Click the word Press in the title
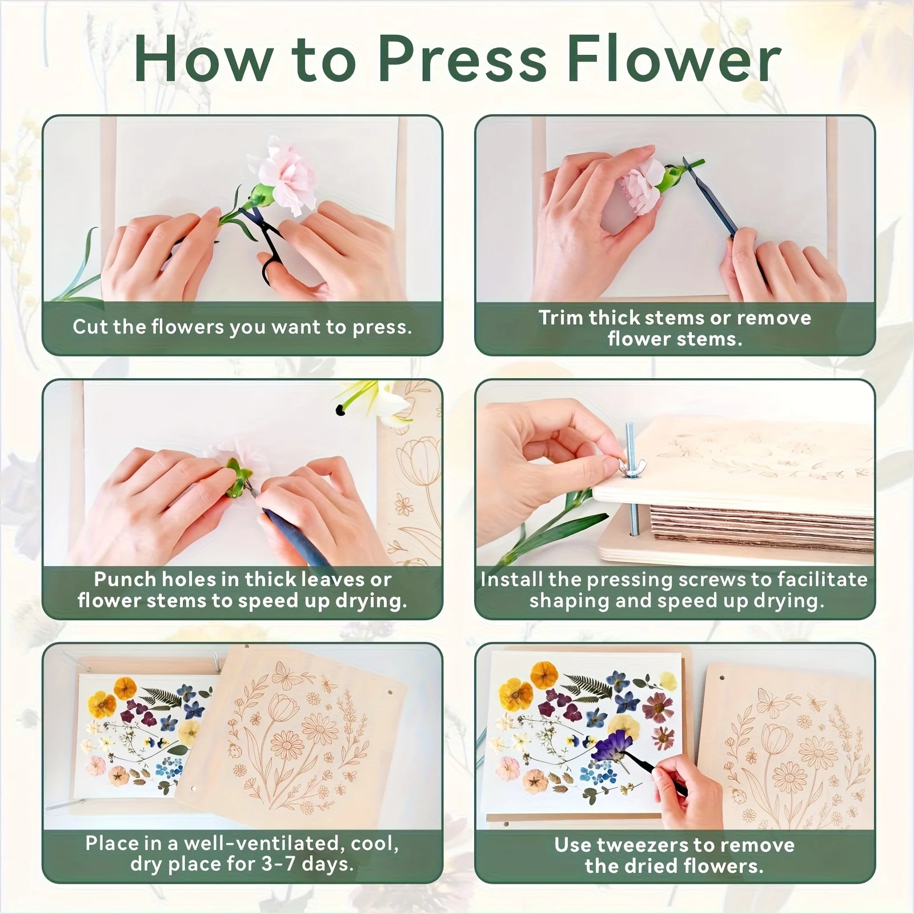(x=463, y=60)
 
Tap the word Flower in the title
(x=674, y=60)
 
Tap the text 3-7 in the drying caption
(x=278, y=863)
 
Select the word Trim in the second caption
(x=561, y=318)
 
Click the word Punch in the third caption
(x=125, y=579)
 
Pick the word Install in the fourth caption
(x=511, y=579)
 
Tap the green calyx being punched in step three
(x=239, y=479)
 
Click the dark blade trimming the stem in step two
(x=712, y=194)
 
